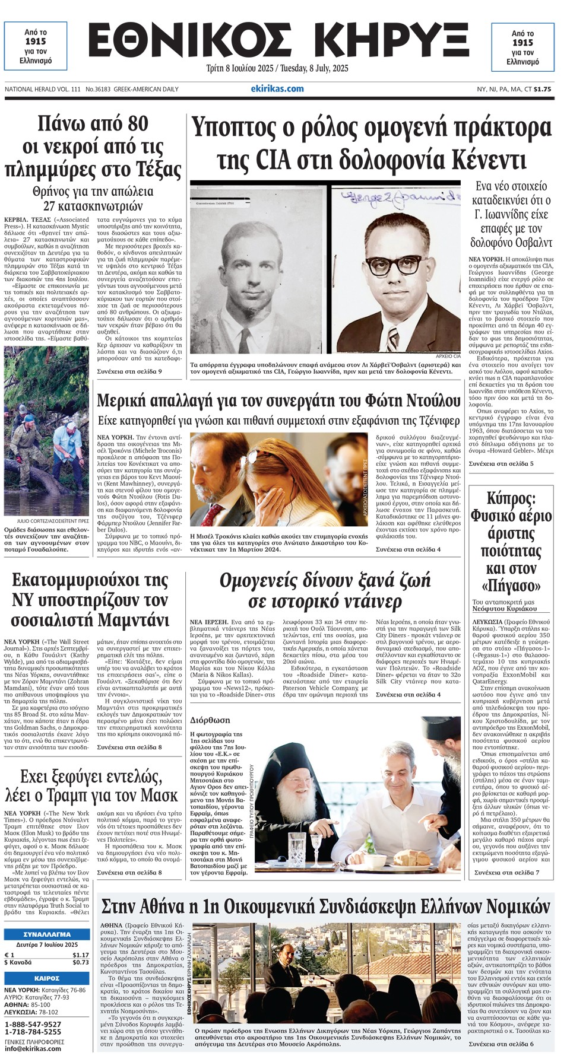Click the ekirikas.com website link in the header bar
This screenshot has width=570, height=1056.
[277, 89]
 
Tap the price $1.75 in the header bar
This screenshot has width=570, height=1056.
[542, 90]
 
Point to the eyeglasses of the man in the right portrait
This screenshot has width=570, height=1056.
[393, 264]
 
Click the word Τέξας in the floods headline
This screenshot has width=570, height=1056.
[159, 170]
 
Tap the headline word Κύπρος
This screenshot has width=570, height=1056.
[511, 498]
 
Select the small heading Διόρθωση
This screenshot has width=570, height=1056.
[210, 720]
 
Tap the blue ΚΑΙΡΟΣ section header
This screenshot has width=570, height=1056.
[47, 978]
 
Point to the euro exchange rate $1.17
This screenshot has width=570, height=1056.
[80, 955]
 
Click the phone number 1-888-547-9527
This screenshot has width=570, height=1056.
[33, 1025]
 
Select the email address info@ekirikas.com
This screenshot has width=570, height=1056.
[33, 1048]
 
